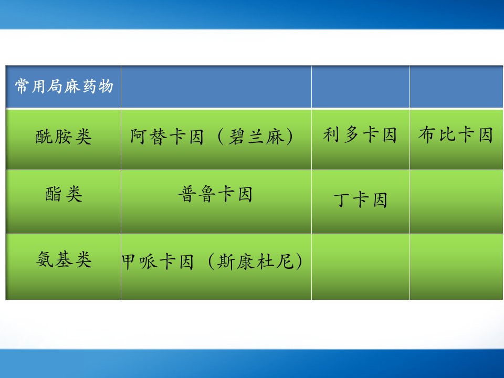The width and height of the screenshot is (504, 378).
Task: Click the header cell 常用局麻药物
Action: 64,86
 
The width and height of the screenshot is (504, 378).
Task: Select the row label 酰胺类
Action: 64,136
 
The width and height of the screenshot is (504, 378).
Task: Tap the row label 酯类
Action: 64,194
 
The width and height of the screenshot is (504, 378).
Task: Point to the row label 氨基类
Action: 64,259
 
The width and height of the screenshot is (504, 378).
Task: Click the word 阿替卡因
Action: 167,136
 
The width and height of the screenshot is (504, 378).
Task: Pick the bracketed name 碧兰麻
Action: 256,136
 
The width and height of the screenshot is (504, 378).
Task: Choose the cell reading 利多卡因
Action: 360,134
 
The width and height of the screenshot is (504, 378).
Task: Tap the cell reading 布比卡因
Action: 456,134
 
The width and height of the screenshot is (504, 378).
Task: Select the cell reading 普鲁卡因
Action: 215,194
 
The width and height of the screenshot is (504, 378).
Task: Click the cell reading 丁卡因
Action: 360,200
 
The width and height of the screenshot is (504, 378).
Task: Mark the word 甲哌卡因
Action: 157,261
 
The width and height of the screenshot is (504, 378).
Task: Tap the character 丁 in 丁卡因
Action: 341,200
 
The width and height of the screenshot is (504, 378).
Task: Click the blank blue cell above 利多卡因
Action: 360,87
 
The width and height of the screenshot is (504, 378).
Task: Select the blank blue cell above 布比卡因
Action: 456,87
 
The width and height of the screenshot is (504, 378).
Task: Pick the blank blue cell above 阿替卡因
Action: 216,87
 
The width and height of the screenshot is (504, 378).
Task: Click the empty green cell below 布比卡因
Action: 456,202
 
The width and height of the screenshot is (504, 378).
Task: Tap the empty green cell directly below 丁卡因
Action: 360,267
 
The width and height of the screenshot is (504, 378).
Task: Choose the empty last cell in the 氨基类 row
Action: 456,267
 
